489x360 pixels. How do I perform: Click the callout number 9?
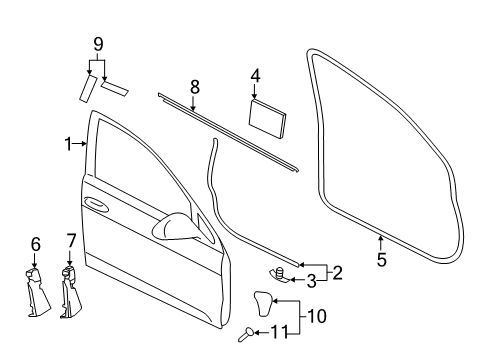pyautogui.click(x=98, y=45)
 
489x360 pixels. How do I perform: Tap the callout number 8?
pyautogui.click(x=195, y=87)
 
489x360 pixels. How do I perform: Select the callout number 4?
pyautogui.click(x=255, y=76)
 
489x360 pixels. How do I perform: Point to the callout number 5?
pyautogui.click(x=382, y=259)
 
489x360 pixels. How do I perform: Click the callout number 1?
pyautogui.click(x=68, y=144)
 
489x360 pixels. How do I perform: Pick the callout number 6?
pyautogui.click(x=35, y=244)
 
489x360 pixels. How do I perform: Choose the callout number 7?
pyautogui.click(x=71, y=241)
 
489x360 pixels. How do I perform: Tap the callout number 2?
pyautogui.click(x=337, y=273)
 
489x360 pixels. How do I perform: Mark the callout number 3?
pyautogui.click(x=311, y=281)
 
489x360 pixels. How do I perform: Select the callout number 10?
pyautogui.click(x=316, y=316)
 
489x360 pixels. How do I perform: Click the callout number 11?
pyautogui.click(x=279, y=332)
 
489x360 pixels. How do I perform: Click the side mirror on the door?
pyautogui.click(x=175, y=226)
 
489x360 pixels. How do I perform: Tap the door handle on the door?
pyautogui.click(x=96, y=204)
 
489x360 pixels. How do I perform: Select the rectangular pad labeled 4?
pyautogui.click(x=267, y=118)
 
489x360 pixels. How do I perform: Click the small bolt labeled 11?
pyautogui.click(x=246, y=334)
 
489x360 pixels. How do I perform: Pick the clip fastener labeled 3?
pyautogui.click(x=279, y=274)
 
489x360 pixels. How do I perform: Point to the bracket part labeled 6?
pyautogui.click(x=37, y=292)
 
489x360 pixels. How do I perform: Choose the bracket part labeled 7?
pyautogui.click(x=71, y=292)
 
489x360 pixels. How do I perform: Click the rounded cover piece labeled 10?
pyautogui.click(x=264, y=303)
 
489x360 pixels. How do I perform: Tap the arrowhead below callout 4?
pyautogui.click(x=255, y=96)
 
